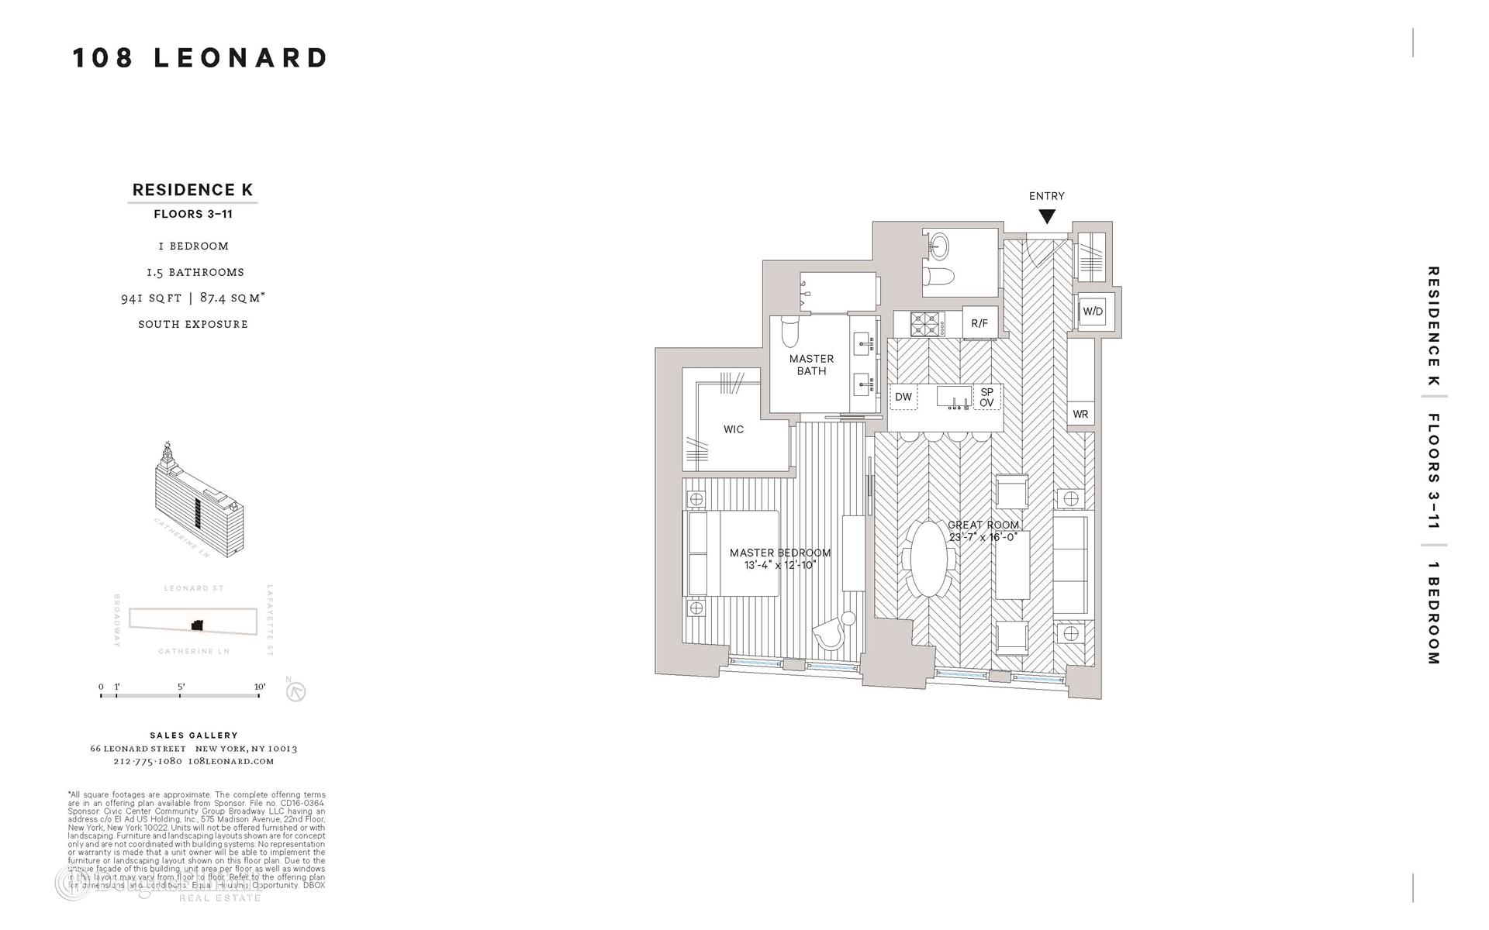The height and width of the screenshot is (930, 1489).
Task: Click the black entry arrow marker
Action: (1047, 217)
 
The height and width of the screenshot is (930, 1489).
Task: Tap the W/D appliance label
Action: (1093, 312)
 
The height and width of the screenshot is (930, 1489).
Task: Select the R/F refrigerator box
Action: (979, 323)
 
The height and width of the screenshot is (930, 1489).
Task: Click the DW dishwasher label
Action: (903, 398)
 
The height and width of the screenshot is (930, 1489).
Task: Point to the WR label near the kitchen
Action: (1080, 415)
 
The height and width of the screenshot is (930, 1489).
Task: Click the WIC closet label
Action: (733, 429)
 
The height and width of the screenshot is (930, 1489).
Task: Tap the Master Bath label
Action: (811, 365)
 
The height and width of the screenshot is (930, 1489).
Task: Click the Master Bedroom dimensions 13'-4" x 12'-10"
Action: (780, 565)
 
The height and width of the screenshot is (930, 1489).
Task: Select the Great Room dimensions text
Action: (983, 536)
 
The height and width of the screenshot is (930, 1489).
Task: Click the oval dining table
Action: (928, 558)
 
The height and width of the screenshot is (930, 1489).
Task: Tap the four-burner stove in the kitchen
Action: (924, 323)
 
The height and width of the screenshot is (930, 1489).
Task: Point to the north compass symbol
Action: (295, 691)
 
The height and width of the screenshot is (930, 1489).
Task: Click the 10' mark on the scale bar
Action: (259, 687)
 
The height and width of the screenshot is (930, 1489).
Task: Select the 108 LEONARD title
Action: (200, 58)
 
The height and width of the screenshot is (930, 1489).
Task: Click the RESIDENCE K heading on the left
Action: (192, 190)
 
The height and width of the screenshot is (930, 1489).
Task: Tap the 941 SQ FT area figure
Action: (151, 298)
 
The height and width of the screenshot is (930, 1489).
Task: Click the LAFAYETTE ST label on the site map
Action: (270, 620)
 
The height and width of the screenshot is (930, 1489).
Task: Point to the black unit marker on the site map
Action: (197, 625)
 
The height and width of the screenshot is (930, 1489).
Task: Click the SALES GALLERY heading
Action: (194, 735)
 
